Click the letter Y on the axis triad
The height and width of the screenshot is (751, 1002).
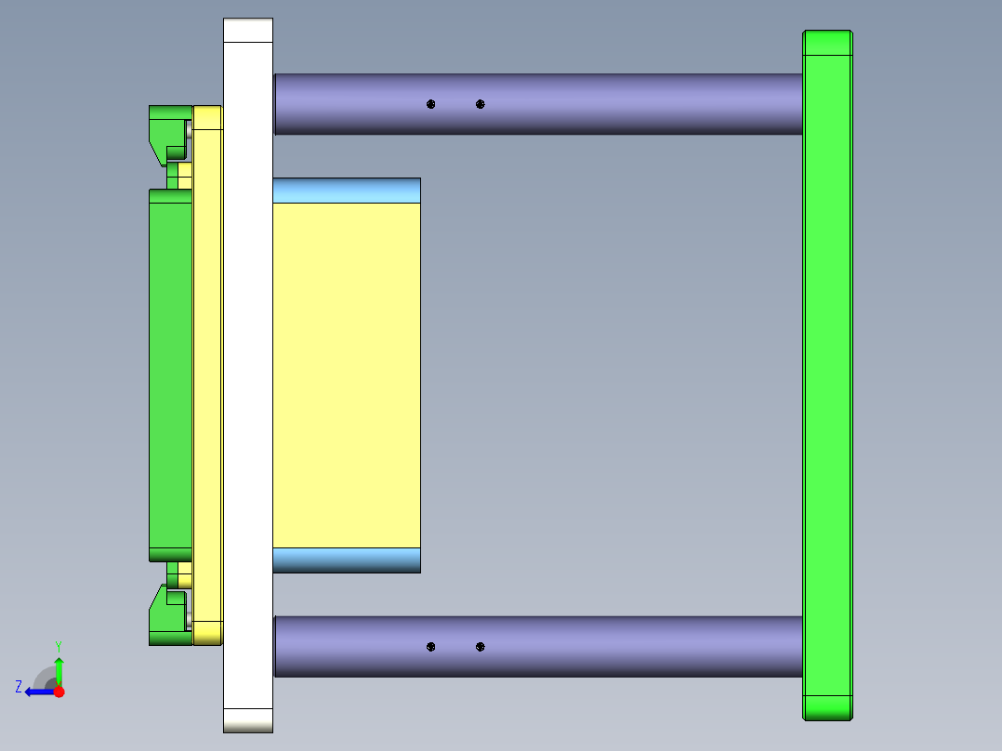tap(58, 645)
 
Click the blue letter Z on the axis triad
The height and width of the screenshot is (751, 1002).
tap(19, 687)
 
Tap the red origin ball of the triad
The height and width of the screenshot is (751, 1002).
tap(59, 692)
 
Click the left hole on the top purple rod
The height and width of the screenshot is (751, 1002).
tap(430, 104)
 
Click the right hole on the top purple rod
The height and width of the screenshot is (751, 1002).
tap(480, 104)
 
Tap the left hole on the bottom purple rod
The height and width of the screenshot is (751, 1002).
tap(430, 646)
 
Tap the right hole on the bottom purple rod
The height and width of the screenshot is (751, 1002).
tap(480, 646)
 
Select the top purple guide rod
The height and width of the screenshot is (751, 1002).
tap(604, 103)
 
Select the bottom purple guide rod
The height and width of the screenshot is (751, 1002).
tap(604, 646)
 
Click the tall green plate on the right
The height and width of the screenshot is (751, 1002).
tap(827, 372)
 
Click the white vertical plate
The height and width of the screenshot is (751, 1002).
tap(247, 372)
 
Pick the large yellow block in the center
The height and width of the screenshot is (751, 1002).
tap(346, 372)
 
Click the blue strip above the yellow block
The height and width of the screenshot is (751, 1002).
tap(346, 191)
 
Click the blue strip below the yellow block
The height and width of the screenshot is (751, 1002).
tap(346, 560)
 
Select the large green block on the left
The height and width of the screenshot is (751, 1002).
tap(170, 372)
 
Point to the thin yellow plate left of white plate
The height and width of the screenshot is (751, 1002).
tap(207, 372)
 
